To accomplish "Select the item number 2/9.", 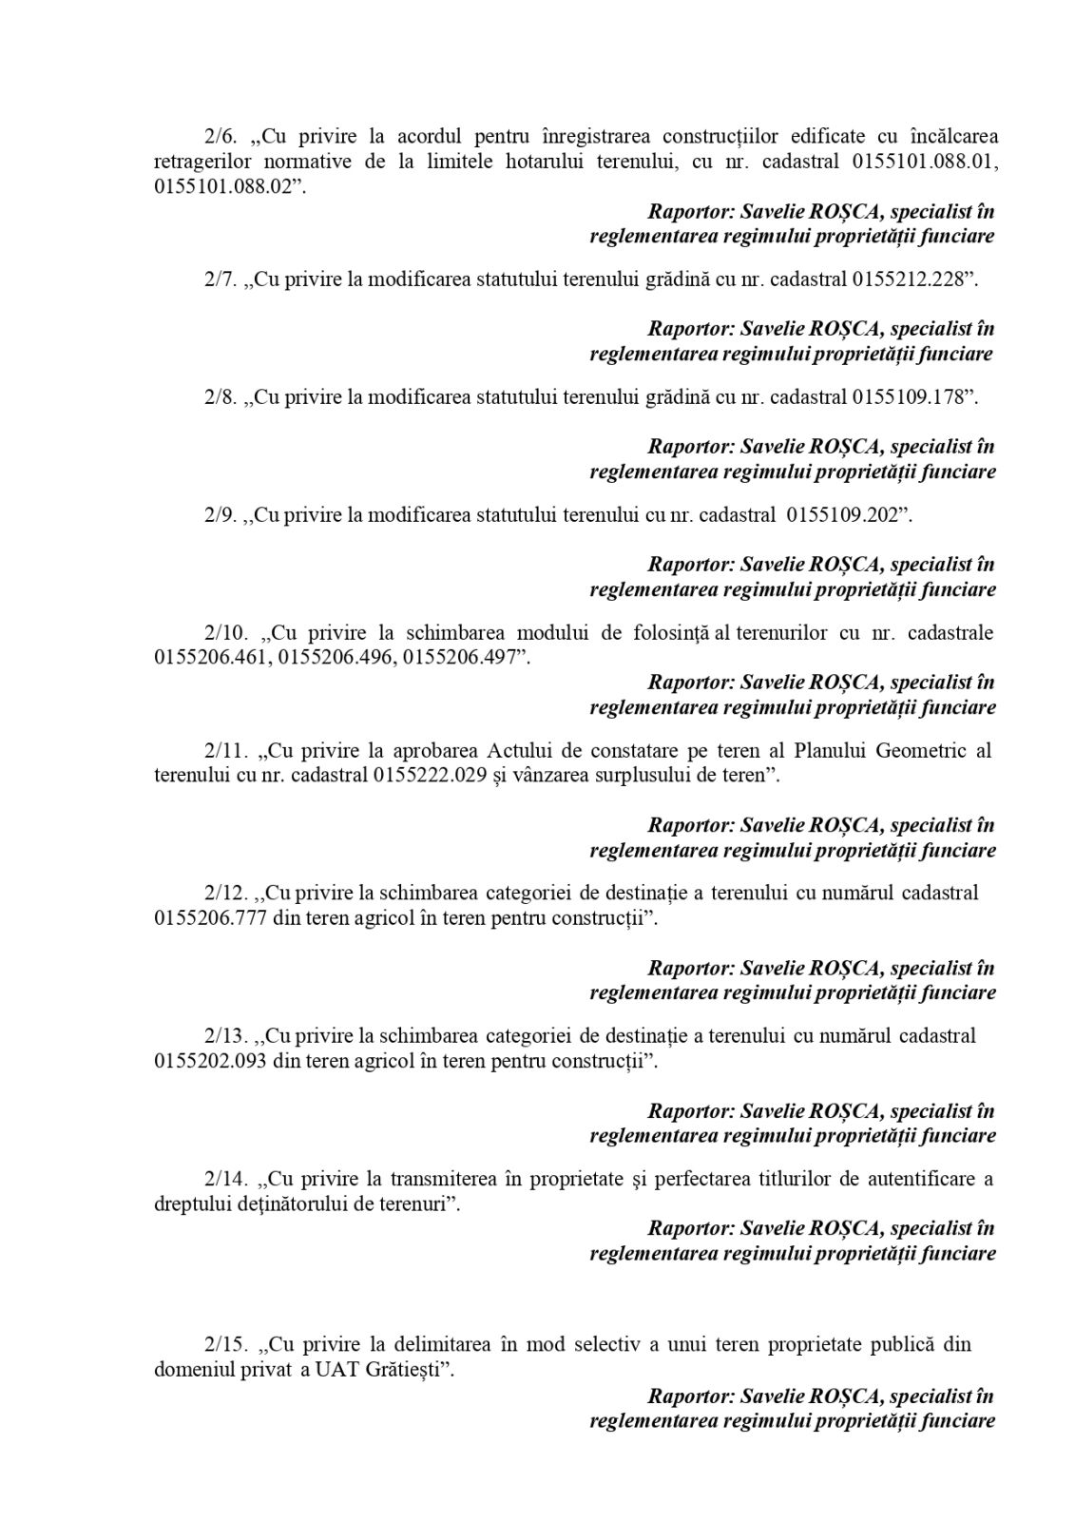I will [x=220, y=516].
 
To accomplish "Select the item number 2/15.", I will [x=225, y=1346].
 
